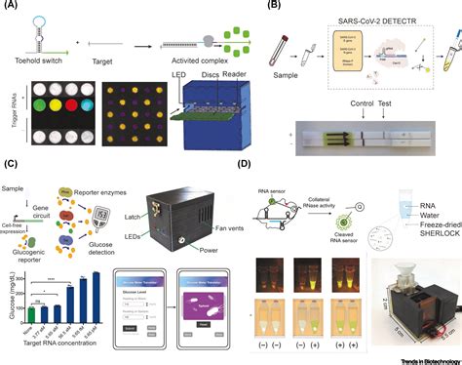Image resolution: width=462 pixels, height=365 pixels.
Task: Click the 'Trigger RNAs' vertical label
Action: tap(9, 122)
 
